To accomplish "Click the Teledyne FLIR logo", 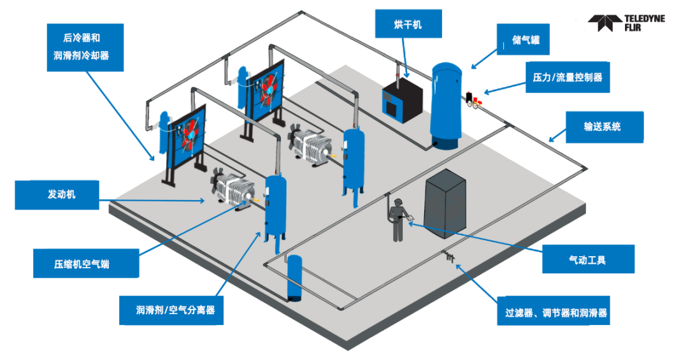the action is (x=626, y=23).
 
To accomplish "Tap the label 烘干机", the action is (x=408, y=24).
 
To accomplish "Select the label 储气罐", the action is (x=523, y=40).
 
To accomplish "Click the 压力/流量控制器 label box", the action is (x=568, y=77).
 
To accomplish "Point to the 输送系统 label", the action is (x=604, y=127).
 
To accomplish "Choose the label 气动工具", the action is (x=588, y=259).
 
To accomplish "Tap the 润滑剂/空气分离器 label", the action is (x=171, y=310).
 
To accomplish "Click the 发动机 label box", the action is (x=57, y=194).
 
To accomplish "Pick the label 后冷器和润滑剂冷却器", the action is (x=85, y=47).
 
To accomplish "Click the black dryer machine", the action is (x=402, y=100).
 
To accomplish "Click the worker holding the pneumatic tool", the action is (x=398, y=220).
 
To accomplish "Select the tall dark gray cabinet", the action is (x=445, y=203).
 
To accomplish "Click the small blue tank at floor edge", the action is (x=294, y=278).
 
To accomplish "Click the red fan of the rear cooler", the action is (x=267, y=90).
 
